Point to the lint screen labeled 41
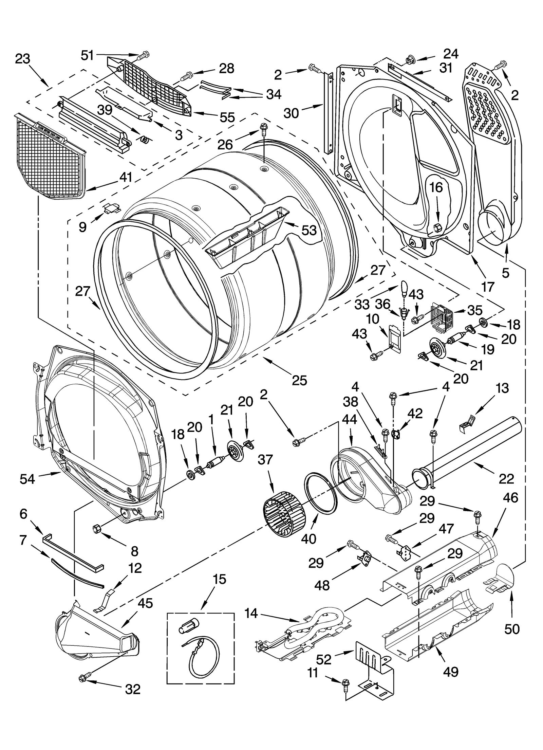[49, 157]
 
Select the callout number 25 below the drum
[299, 380]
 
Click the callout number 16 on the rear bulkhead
[437, 187]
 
